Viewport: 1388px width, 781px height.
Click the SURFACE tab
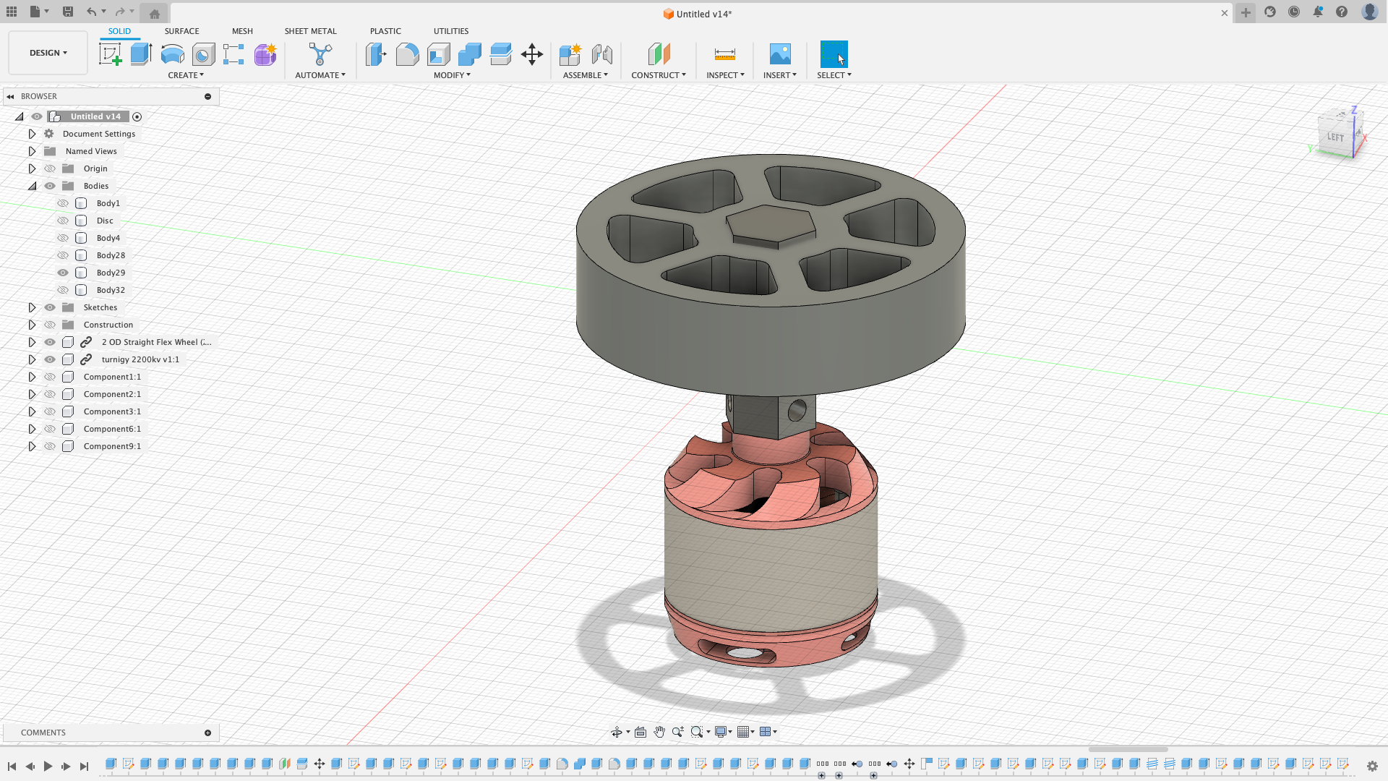point(181,31)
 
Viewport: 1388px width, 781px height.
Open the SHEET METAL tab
point(310,31)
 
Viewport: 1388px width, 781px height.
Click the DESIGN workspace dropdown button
point(48,53)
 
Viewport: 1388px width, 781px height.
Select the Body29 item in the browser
point(111,273)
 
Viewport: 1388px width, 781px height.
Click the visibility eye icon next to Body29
point(63,273)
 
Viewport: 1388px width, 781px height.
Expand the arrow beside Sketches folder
point(32,307)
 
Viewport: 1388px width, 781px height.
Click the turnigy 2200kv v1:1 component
point(140,359)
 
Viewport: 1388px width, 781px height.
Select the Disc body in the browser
point(105,221)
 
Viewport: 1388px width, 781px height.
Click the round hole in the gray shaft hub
point(797,411)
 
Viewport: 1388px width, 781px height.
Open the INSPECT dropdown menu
point(725,75)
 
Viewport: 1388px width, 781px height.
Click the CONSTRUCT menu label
point(658,75)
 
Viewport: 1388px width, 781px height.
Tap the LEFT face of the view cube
point(1335,137)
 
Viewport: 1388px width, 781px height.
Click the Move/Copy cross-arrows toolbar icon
point(532,54)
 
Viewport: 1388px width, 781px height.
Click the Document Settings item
point(99,134)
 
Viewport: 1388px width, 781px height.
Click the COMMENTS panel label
point(43,733)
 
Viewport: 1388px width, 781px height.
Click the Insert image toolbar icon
point(780,54)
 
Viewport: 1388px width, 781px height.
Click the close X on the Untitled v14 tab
point(1225,13)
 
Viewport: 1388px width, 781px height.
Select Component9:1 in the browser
point(112,446)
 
